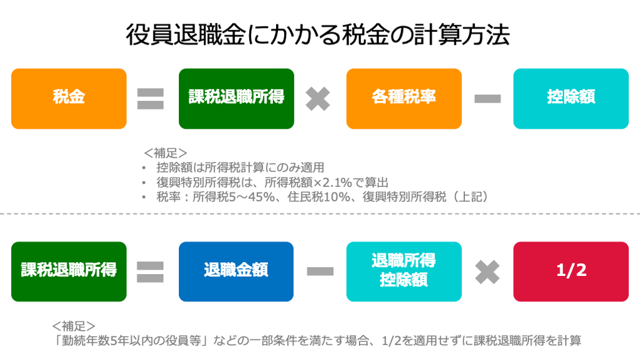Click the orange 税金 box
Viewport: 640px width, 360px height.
coord(68,98)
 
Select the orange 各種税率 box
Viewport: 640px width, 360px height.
coord(403,98)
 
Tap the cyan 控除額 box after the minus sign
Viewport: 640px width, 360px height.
coord(570,98)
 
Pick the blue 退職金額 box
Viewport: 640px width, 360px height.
coord(236,271)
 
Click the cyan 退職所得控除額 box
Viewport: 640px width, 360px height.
coord(403,271)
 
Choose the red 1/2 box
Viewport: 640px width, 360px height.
coord(570,271)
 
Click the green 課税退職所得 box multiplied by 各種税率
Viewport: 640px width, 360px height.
coord(236,98)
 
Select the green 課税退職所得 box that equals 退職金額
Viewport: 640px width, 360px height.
coord(68,271)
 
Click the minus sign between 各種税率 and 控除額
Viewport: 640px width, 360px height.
coord(487,99)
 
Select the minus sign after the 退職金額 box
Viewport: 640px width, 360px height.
coord(319,272)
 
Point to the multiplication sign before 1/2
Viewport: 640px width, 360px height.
coord(487,272)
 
